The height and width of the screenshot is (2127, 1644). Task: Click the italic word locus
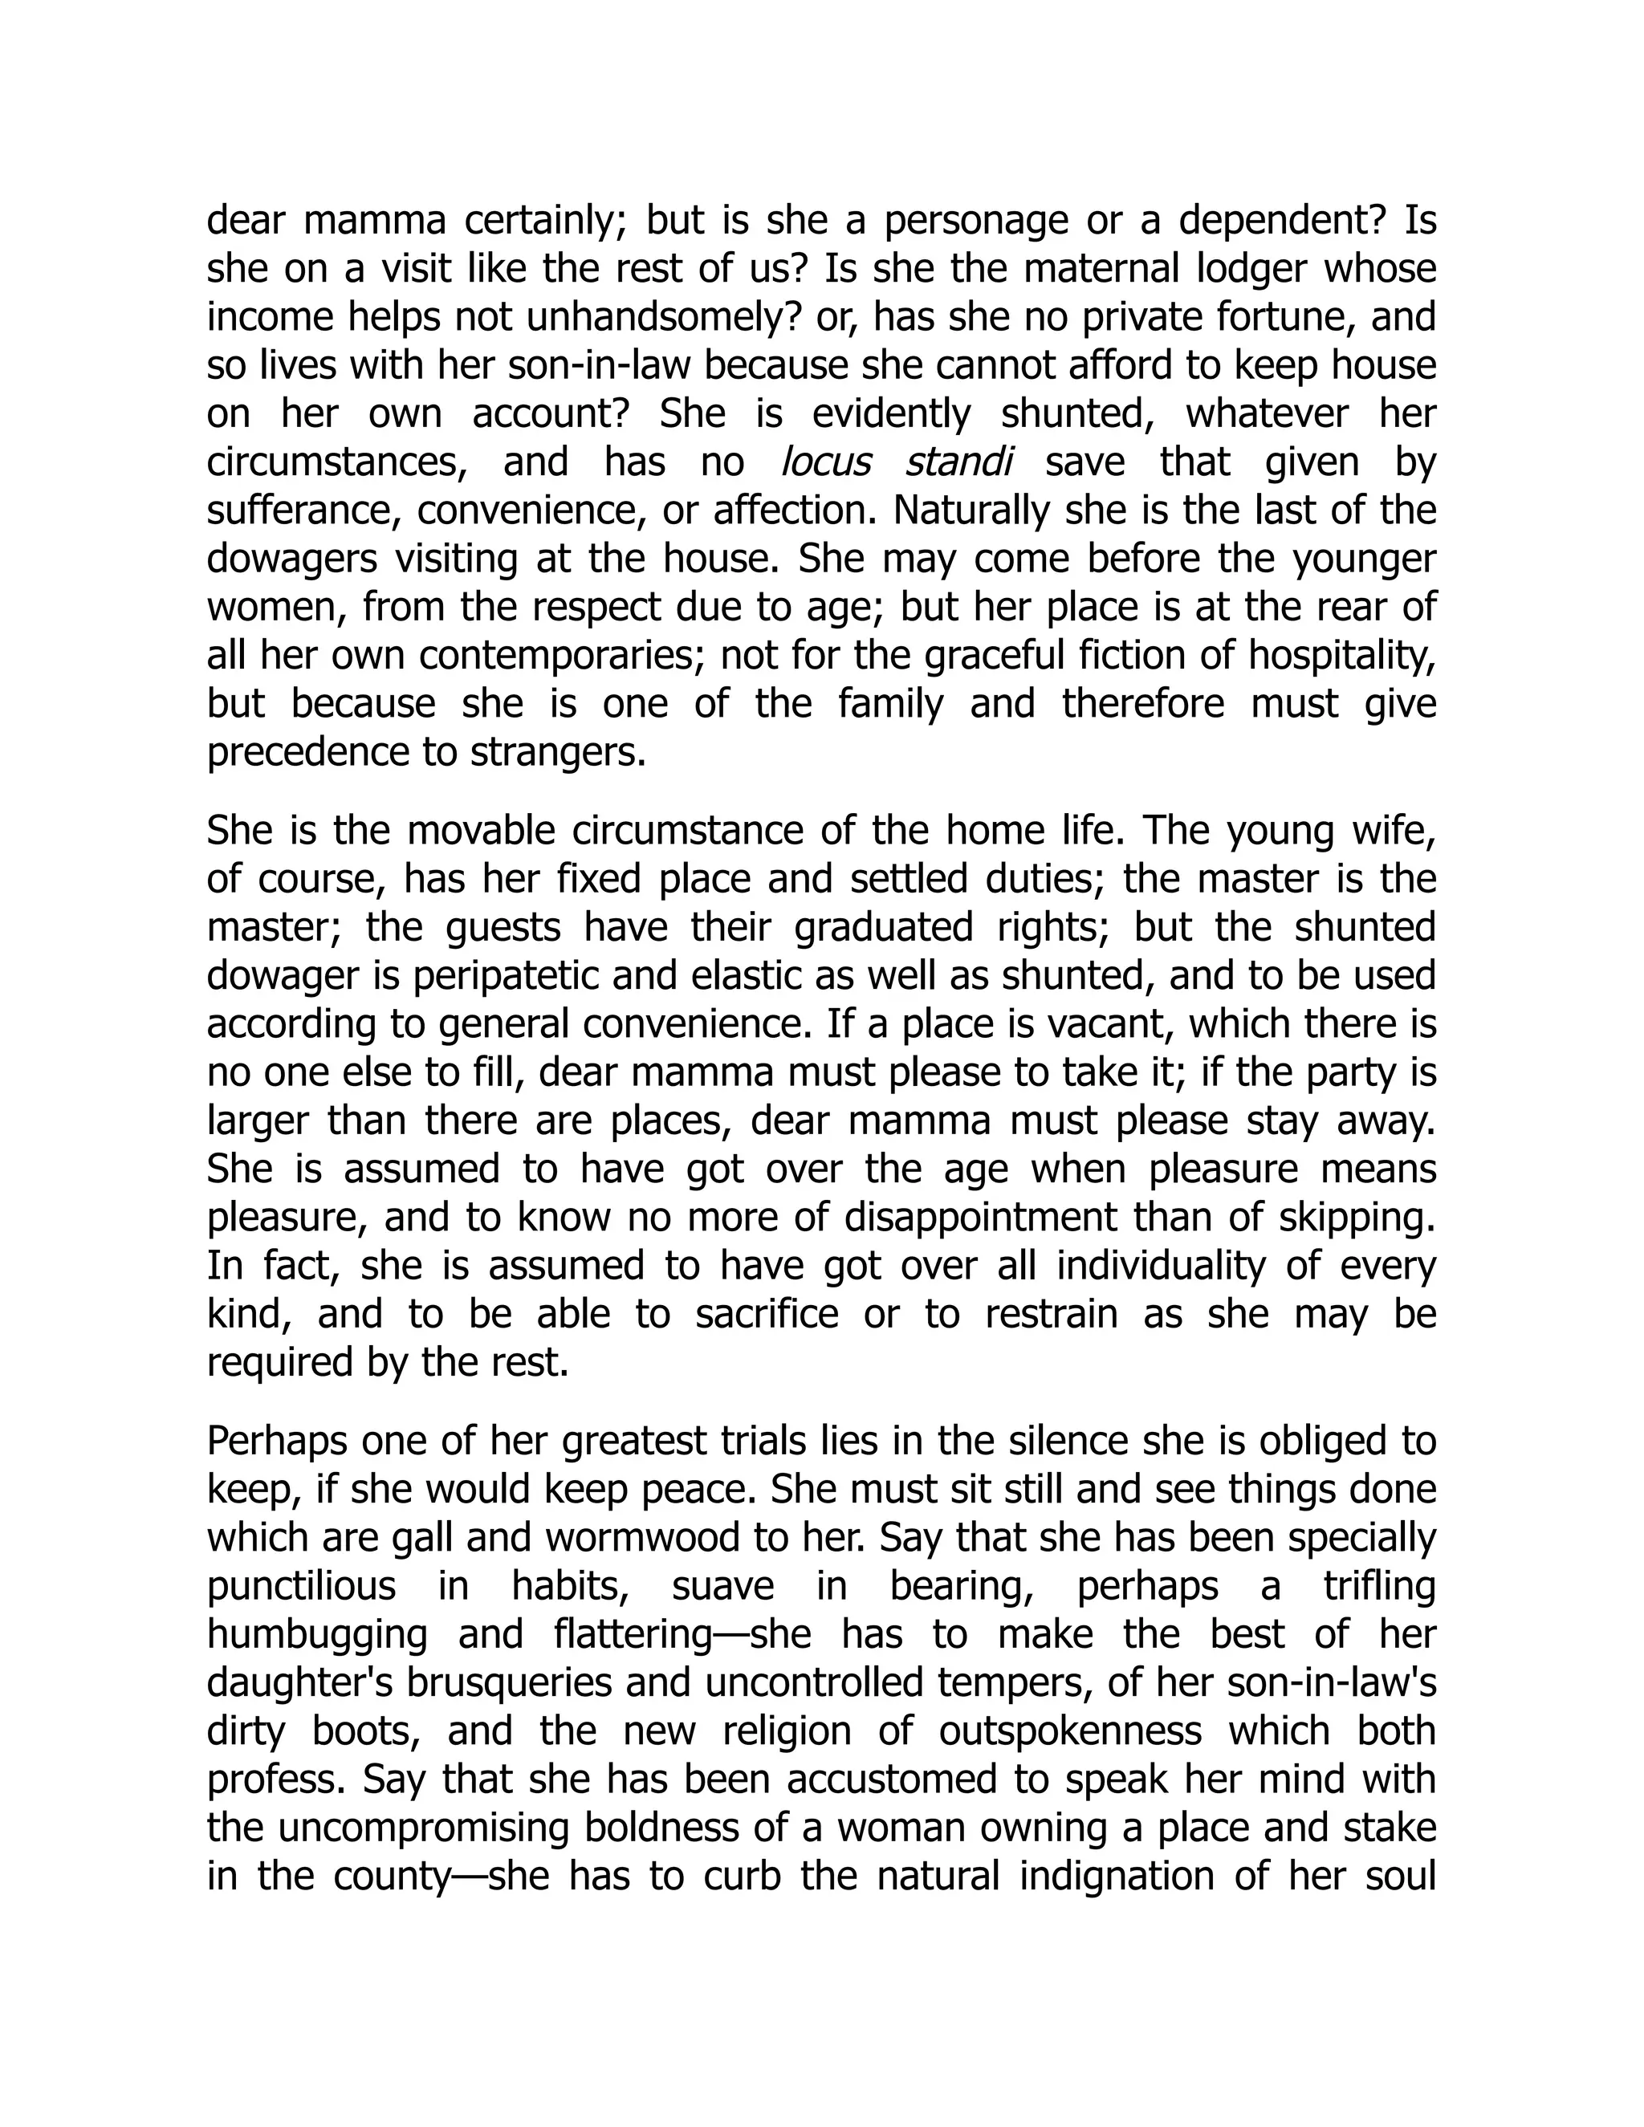point(826,462)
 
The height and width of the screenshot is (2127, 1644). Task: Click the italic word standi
point(958,462)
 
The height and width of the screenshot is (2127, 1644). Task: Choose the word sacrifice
point(767,1315)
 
